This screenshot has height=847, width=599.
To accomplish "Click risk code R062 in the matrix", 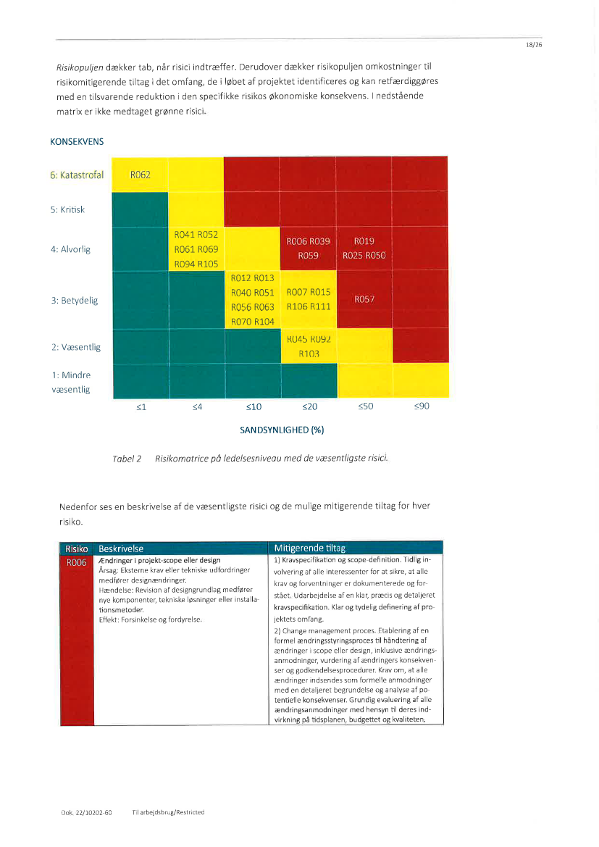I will click(140, 175).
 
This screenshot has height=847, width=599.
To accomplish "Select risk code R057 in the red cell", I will click(364, 299).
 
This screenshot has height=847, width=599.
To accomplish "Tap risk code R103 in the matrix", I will click(309, 354).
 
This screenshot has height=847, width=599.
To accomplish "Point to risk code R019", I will click(364, 241).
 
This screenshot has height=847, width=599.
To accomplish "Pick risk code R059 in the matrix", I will click(309, 256).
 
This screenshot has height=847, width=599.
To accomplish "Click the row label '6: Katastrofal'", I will click(78, 175).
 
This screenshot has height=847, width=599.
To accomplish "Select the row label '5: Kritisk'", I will click(67, 209).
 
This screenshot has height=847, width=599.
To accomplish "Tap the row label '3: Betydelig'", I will click(74, 300).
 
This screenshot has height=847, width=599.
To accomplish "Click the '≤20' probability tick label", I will click(309, 406).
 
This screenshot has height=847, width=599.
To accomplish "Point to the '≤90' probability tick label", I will click(421, 406).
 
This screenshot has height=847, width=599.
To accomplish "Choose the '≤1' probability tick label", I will click(141, 407).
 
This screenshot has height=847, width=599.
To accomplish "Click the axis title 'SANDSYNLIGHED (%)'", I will click(282, 430).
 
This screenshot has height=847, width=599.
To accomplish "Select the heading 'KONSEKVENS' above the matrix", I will click(77, 142).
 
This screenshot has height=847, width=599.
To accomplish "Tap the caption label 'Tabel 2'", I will click(127, 459).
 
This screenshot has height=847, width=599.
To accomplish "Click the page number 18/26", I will click(534, 45).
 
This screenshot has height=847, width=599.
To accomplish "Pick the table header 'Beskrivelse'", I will click(121, 548).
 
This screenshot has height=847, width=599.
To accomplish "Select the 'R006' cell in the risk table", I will click(76, 562).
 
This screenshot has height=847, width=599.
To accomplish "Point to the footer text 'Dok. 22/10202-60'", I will click(86, 812).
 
